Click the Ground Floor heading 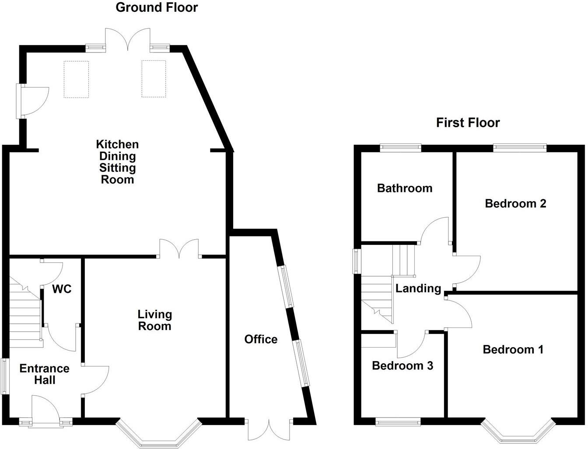[157, 7]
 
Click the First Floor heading [468, 122]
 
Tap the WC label [62, 289]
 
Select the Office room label [261, 339]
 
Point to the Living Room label [154, 320]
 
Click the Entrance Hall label [44, 374]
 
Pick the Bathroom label [405, 188]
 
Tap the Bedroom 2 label [515, 203]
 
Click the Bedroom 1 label [513, 349]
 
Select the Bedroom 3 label [402, 365]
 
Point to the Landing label [418, 288]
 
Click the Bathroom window [400, 148]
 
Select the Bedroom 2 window [520, 148]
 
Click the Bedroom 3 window [398, 422]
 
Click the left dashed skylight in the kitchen [76, 79]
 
